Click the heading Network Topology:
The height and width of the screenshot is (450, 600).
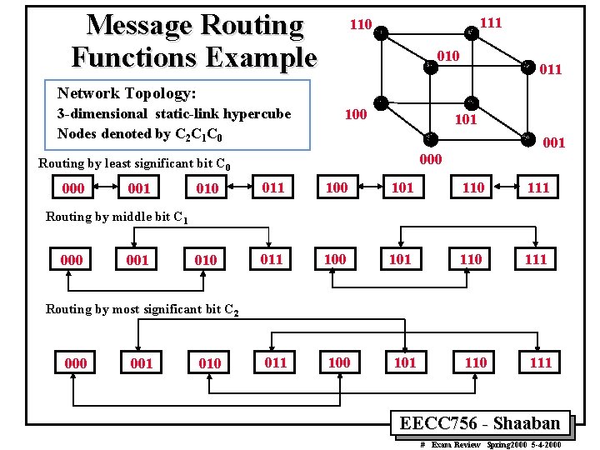[x=125, y=92]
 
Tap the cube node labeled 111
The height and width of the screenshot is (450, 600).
[x=471, y=32]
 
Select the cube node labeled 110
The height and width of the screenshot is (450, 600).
[x=379, y=32]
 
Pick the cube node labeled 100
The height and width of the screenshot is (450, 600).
[x=379, y=102]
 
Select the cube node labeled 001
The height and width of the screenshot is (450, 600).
[x=527, y=138]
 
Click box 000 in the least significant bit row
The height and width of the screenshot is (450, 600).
[x=73, y=188]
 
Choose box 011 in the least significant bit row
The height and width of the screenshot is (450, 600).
[x=272, y=187]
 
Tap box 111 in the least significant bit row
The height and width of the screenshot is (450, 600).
[x=538, y=187]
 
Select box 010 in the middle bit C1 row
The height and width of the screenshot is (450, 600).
[x=205, y=260]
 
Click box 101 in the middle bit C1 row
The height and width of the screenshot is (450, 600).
[x=401, y=259]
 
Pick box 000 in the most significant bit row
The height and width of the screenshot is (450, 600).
[x=75, y=363]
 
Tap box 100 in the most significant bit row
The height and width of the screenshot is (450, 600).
[x=338, y=362]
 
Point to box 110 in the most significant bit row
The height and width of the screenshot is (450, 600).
[x=475, y=362]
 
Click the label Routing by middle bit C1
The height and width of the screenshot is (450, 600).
[x=117, y=217]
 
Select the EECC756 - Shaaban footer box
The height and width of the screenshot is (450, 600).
[x=484, y=422]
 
